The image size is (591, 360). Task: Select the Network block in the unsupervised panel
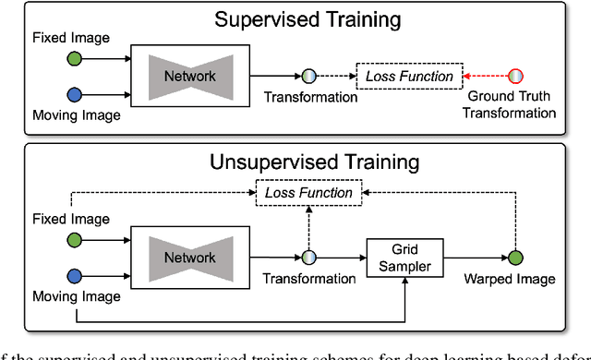pos(188,258)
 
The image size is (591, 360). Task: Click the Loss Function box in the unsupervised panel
pos(308,192)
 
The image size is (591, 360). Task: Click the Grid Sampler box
pos(405,258)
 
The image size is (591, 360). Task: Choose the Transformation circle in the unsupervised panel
pos(309,258)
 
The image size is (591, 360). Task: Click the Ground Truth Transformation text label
pos(512,104)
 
